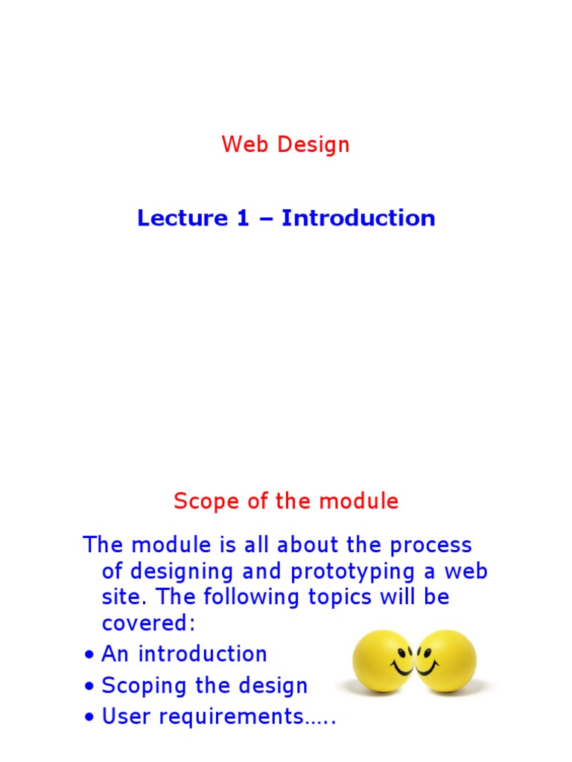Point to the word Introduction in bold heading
(358, 218)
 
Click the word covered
(147, 624)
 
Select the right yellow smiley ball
(445, 661)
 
